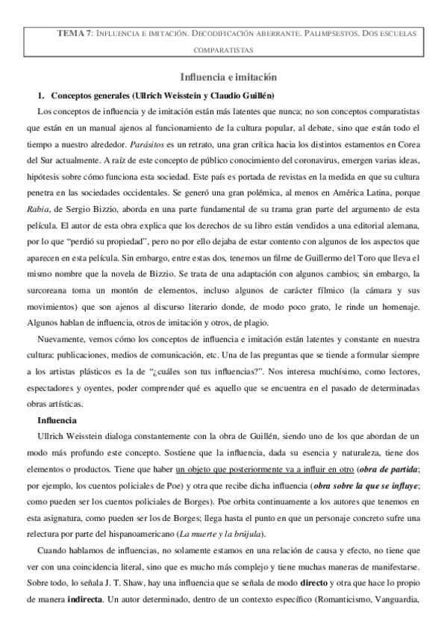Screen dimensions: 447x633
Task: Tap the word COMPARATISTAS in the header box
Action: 223,51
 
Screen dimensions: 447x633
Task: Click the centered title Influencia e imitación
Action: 223,77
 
